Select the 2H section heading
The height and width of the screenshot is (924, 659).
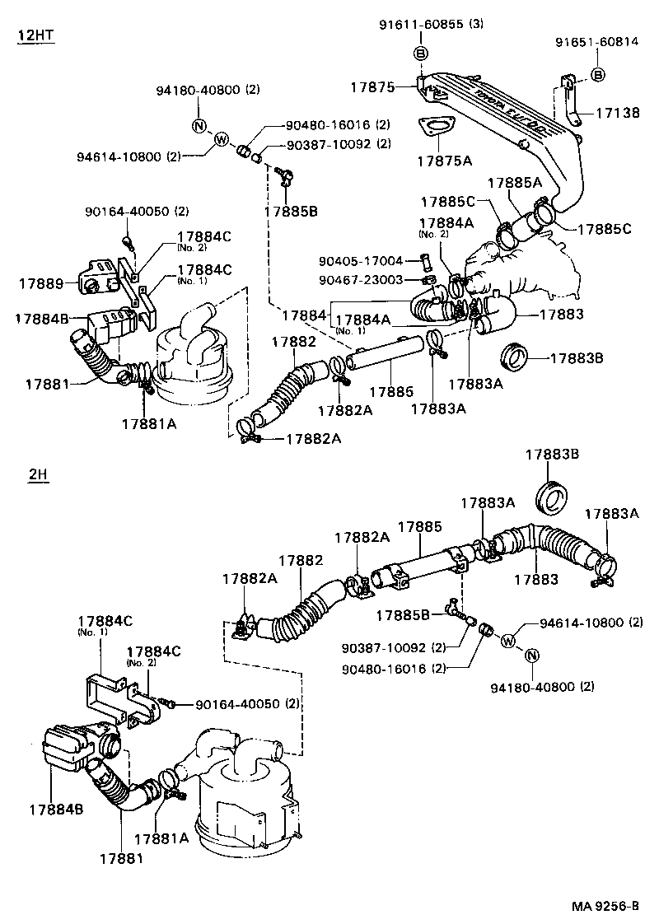point(37,476)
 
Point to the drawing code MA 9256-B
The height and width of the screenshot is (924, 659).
point(605,907)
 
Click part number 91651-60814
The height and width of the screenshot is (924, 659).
point(596,43)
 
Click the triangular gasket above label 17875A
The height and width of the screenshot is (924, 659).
point(435,126)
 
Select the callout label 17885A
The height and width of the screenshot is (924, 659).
point(514,183)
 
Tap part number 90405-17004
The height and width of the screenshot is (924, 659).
point(361,261)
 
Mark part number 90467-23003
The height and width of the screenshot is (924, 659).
point(361,280)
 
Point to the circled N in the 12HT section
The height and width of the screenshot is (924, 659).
point(199,126)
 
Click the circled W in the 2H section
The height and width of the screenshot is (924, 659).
point(507,640)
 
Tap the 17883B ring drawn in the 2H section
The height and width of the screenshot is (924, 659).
point(550,497)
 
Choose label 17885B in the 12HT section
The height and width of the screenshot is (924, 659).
point(290,211)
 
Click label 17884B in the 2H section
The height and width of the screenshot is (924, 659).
point(57,810)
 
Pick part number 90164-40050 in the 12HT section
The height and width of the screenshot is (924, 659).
point(136,212)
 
